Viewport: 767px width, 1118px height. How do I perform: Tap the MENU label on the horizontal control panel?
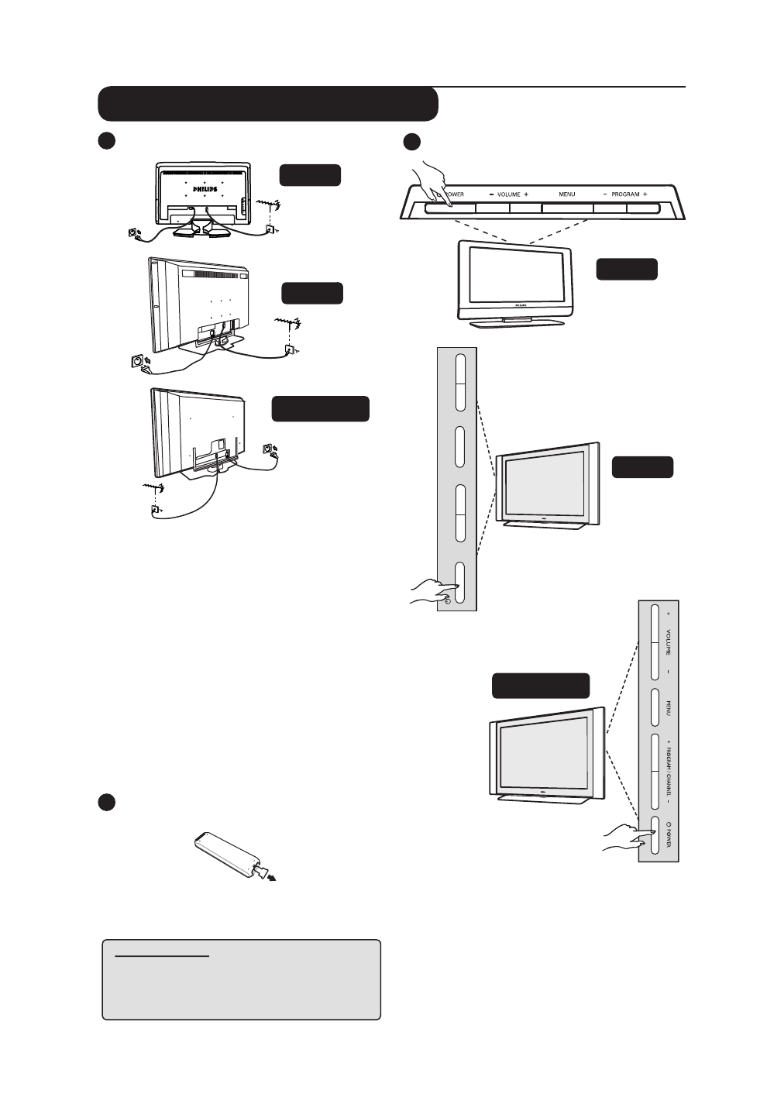click(567, 194)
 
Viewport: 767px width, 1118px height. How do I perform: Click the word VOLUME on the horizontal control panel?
click(508, 194)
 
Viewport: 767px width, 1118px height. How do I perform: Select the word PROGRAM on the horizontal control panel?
click(624, 194)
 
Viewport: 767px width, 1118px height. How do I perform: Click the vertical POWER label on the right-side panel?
click(669, 834)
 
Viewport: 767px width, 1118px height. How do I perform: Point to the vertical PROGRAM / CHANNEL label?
click(668, 772)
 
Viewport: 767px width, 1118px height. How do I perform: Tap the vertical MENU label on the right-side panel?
click(668, 707)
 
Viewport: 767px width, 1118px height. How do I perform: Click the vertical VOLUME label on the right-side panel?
click(668, 642)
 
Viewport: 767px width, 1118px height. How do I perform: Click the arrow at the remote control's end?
click(270, 875)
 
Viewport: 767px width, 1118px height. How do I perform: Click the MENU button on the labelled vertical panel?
click(655, 707)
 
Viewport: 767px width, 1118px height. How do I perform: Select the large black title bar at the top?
click(268, 104)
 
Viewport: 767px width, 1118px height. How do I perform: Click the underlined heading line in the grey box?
click(162, 957)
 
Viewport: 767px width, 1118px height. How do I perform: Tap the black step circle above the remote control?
click(107, 802)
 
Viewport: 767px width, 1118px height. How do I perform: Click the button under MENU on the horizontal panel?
click(567, 208)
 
